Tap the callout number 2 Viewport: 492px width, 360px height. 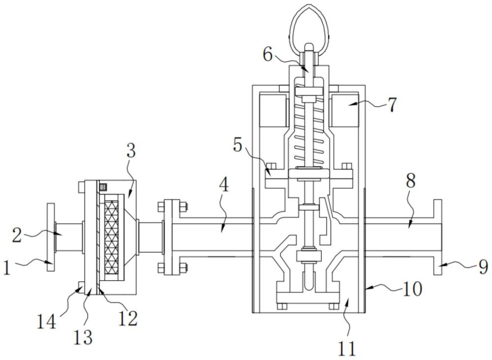point(18,235)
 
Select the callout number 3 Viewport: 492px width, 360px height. point(131,151)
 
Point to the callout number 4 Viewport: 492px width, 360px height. point(223,185)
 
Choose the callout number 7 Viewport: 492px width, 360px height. point(393,105)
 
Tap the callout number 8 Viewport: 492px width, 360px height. point(411,181)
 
